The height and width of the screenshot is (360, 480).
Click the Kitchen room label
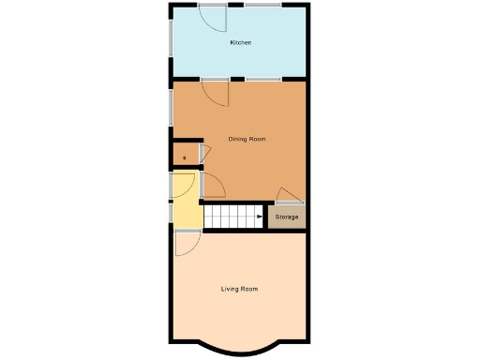point(241,43)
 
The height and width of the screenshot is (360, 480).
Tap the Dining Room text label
point(247,139)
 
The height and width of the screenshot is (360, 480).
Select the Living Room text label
point(239,289)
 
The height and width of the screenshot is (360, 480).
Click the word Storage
point(287,217)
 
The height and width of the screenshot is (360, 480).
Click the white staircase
point(234,217)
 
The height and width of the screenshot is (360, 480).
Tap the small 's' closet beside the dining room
point(185,155)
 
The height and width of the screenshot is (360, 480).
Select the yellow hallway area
point(187,214)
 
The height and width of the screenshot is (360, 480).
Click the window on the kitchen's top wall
point(262,6)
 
